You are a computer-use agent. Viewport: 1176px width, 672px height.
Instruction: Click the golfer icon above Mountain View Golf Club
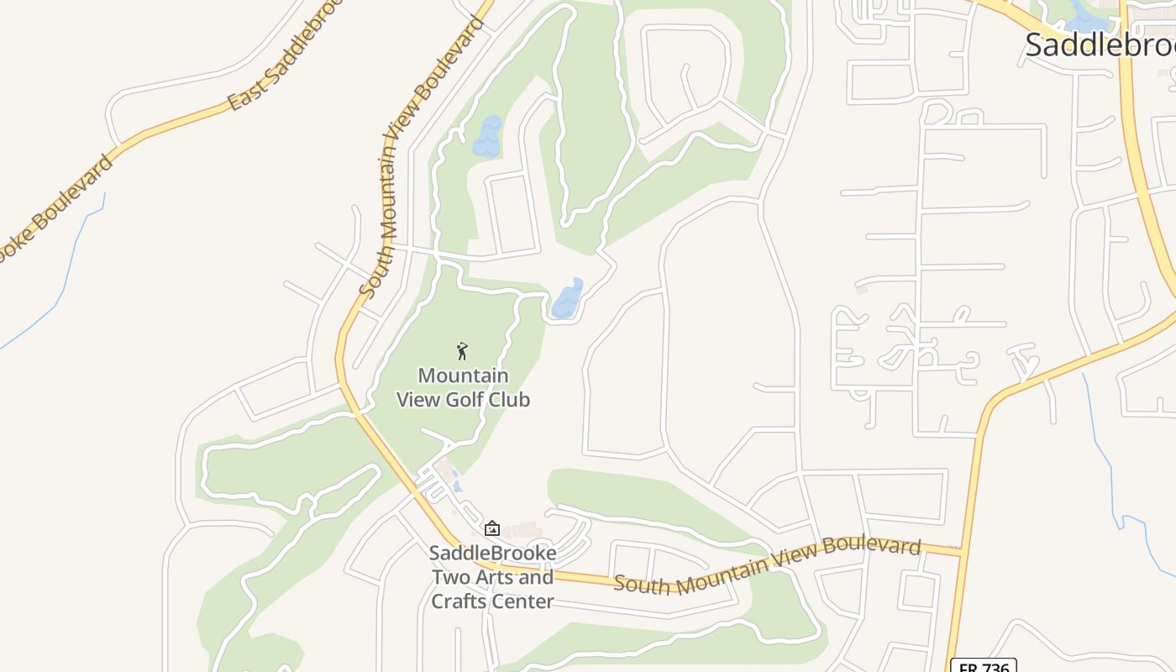(x=461, y=351)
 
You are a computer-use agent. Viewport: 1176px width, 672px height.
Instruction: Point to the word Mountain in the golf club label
(x=463, y=375)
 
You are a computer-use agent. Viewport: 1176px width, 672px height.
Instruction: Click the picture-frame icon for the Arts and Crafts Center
(x=492, y=528)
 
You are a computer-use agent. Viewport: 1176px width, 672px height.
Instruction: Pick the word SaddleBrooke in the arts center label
(x=492, y=554)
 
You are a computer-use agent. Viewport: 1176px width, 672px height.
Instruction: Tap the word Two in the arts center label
(x=452, y=578)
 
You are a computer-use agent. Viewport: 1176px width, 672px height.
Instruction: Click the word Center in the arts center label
(x=522, y=601)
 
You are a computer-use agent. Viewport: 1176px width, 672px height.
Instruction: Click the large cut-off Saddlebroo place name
(x=1100, y=45)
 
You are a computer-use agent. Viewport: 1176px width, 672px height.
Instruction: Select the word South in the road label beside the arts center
(x=643, y=583)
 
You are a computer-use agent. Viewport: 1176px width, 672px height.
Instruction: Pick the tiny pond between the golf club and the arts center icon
(x=456, y=485)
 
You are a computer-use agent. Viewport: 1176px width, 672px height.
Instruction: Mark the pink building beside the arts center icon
(x=525, y=531)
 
